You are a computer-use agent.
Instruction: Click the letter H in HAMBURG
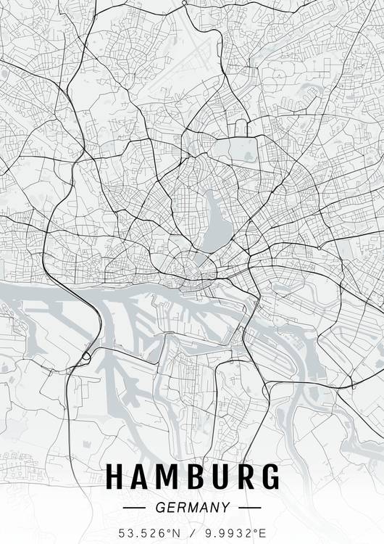coord(116,477)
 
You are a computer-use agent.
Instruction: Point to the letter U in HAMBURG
coord(219,477)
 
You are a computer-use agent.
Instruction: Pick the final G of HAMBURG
coord(269,477)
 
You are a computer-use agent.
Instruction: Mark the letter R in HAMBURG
coord(243,477)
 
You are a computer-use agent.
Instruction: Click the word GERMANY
coord(192,508)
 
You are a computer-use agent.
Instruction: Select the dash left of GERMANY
coord(135,508)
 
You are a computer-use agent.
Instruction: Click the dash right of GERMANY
coord(249,508)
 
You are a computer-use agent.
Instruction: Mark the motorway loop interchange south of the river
coord(85,355)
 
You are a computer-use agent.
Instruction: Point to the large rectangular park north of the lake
coord(239,152)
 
